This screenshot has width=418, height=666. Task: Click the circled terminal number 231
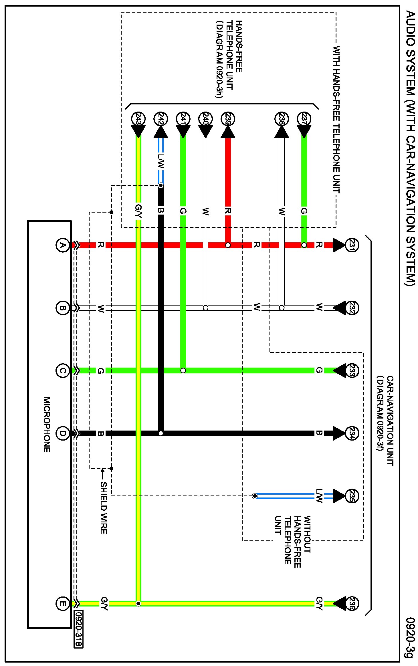click(x=352, y=245)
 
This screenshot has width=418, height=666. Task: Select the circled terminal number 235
click(x=352, y=496)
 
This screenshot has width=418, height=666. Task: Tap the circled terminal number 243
click(x=138, y=119)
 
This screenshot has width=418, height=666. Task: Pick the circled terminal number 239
click(x=228, y=119)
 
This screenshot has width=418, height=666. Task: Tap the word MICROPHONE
click(x=47, y=425)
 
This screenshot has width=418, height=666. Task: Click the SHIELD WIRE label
click(x=104, y=508)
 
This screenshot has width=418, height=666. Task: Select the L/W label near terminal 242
click(x=161, y=161)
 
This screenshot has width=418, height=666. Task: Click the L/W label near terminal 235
click(x=319, y=496)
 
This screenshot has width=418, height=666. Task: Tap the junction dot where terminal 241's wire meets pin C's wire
click(x=183, y=370)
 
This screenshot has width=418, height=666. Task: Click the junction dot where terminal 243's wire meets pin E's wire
click(x=138, y=604)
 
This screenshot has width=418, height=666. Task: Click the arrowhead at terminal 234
click(x=339, y=433)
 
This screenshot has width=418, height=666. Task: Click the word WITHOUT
click(x=307, y=534)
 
